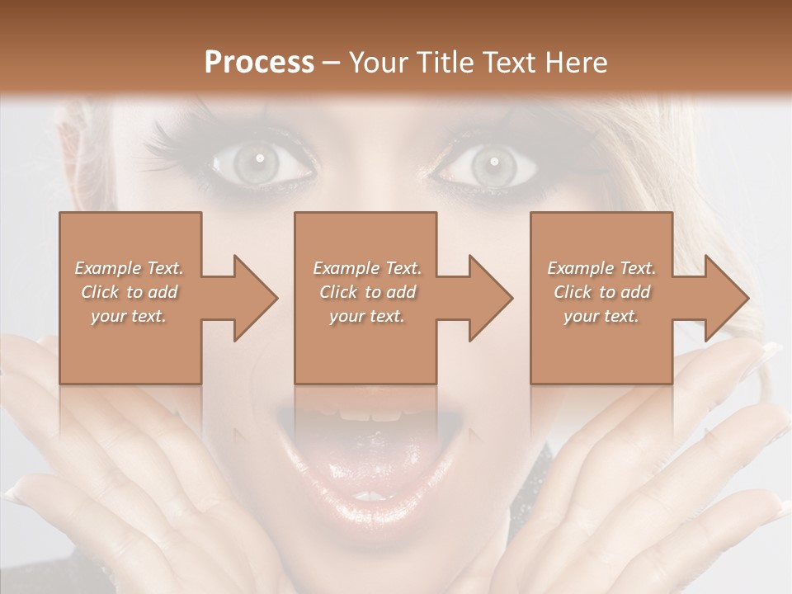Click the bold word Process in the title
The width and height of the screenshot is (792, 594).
pos(259,63)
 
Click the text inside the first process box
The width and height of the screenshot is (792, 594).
pos(130,292)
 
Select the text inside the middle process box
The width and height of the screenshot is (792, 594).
pos(367,292)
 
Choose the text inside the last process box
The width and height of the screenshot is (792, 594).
pos(601,292)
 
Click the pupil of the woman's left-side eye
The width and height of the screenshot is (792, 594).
pos(259,158)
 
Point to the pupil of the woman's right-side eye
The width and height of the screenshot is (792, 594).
pos(490,159)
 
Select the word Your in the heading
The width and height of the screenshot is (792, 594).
pos(377,63)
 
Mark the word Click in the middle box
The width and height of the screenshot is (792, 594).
pos(337,292)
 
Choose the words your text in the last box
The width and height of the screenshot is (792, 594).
pos(601,316)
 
